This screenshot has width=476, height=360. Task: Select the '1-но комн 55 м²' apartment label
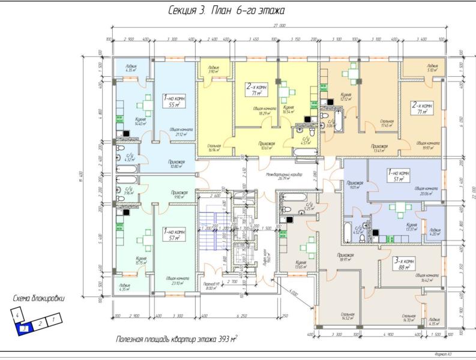coord(173,100)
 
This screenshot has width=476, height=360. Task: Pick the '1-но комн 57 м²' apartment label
coord(173,234)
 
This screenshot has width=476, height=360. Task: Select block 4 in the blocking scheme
coord(19,314)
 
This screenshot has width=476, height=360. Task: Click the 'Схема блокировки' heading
coord(38,298)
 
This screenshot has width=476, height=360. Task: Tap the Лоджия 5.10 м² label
coord(430,68)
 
